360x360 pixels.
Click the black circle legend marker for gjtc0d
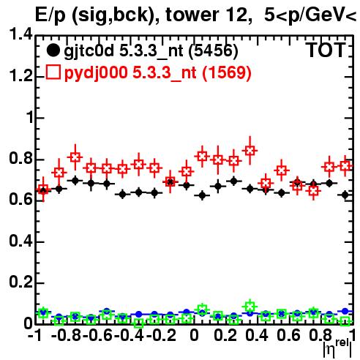point(53,51)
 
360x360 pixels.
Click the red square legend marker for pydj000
point(53,72)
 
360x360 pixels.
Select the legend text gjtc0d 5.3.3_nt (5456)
point(151,51)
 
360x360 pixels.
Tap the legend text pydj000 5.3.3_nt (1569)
point(157,72)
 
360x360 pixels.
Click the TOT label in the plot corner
point(326,50)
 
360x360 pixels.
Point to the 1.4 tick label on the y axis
point(20,34)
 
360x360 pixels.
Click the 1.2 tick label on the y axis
point(20,76)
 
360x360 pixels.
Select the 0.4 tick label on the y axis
point(20,241)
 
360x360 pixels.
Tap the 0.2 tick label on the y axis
point(20,282)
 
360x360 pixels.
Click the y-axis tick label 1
point(29,117)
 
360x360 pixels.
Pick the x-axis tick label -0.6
point(98,335)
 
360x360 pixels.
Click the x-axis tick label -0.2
point(161,335)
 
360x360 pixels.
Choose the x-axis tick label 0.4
point(257,335)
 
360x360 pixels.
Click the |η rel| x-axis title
point(337,348)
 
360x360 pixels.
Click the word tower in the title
point(190,15)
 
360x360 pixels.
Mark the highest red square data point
point(250,151)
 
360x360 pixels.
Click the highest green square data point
point(250,306)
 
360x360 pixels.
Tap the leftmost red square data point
point(43,190)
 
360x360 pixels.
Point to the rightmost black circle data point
point(345,195)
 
